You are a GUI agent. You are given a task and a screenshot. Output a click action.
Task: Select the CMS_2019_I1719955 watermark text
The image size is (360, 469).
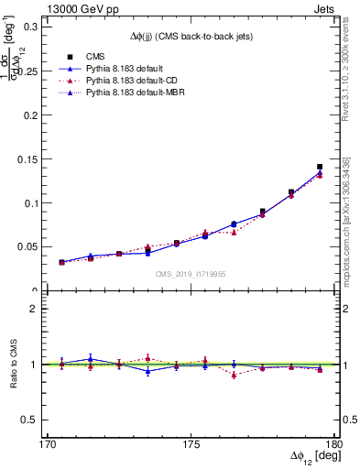point(191,273)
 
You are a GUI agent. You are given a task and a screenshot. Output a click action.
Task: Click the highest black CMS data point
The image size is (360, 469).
point(320,167)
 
